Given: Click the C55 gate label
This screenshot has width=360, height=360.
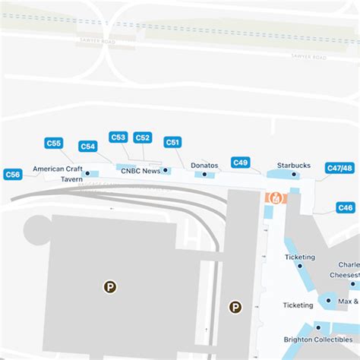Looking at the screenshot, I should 53,143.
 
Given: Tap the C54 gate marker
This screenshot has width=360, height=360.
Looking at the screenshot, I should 88,147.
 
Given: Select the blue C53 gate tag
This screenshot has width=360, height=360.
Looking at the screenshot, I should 118,137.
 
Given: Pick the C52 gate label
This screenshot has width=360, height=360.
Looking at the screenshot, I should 142,137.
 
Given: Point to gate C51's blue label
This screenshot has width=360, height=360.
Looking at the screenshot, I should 172,142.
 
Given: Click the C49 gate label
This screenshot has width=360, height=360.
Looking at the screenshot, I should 241,162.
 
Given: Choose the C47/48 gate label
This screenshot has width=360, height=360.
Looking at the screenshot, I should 339,168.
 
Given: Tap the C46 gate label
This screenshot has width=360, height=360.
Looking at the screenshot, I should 346,207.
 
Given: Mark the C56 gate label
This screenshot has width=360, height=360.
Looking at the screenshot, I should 12,174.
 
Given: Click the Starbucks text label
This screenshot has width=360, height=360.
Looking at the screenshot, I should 294,165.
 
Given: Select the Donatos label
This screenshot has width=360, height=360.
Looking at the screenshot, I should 204,165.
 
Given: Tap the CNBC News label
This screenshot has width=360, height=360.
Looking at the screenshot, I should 141,171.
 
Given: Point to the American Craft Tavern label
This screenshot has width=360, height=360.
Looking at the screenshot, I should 58,174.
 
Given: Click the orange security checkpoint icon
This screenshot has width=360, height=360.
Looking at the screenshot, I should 276,197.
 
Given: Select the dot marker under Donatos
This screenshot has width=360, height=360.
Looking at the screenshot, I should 204,175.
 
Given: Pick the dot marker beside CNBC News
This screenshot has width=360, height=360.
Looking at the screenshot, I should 165,171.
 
